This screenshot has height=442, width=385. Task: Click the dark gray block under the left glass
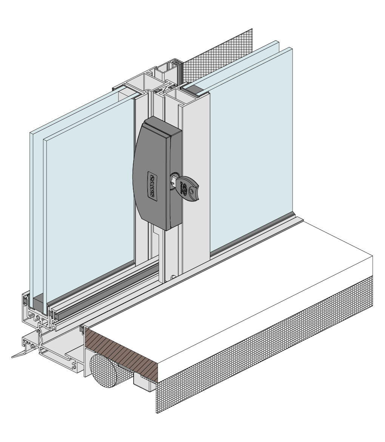39,303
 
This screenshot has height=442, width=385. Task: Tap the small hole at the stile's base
172,278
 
